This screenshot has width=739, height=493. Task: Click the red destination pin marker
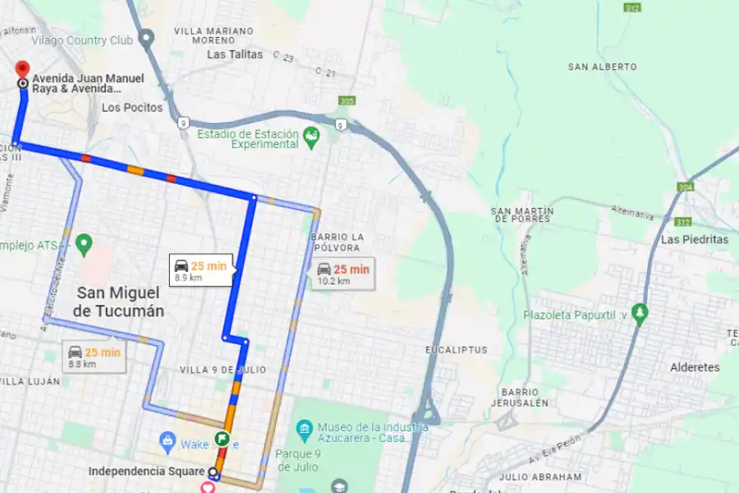pyautogui.click(x=22, y=68)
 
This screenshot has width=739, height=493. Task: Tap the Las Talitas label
pyautogui.click(x=235, y=55)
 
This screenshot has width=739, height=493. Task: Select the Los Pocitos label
pyautogui.click(x=132, y=108)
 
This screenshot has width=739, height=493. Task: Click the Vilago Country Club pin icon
pyautogui.click(x=147, y=38)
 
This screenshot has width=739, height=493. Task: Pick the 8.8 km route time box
pyautogui.click(x=94, y=357)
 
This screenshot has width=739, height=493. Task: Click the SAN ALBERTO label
pyautogui.click(x=602, y=67)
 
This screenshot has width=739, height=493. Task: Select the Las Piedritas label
pyautogui.click(x=695, y=240)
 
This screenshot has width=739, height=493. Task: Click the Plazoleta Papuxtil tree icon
pyautogui.click(x=640, y=313)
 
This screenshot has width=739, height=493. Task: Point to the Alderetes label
pyautogui.click(x=695, y=367)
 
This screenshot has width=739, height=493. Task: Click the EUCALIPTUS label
pyautogui.click(x=457, y=350)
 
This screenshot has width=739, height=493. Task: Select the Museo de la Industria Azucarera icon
pyautogui.click(x=305, y=427)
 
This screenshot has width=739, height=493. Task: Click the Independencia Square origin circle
pyautogui.click(x=213, y=472)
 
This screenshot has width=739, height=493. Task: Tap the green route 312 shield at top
pyautogui.click(x=631, y=7)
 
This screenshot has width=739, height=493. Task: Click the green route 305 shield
pyautogui.click(x=347, y=101)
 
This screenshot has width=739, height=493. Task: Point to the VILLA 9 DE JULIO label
pyautogui.click(x=223, y=370)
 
